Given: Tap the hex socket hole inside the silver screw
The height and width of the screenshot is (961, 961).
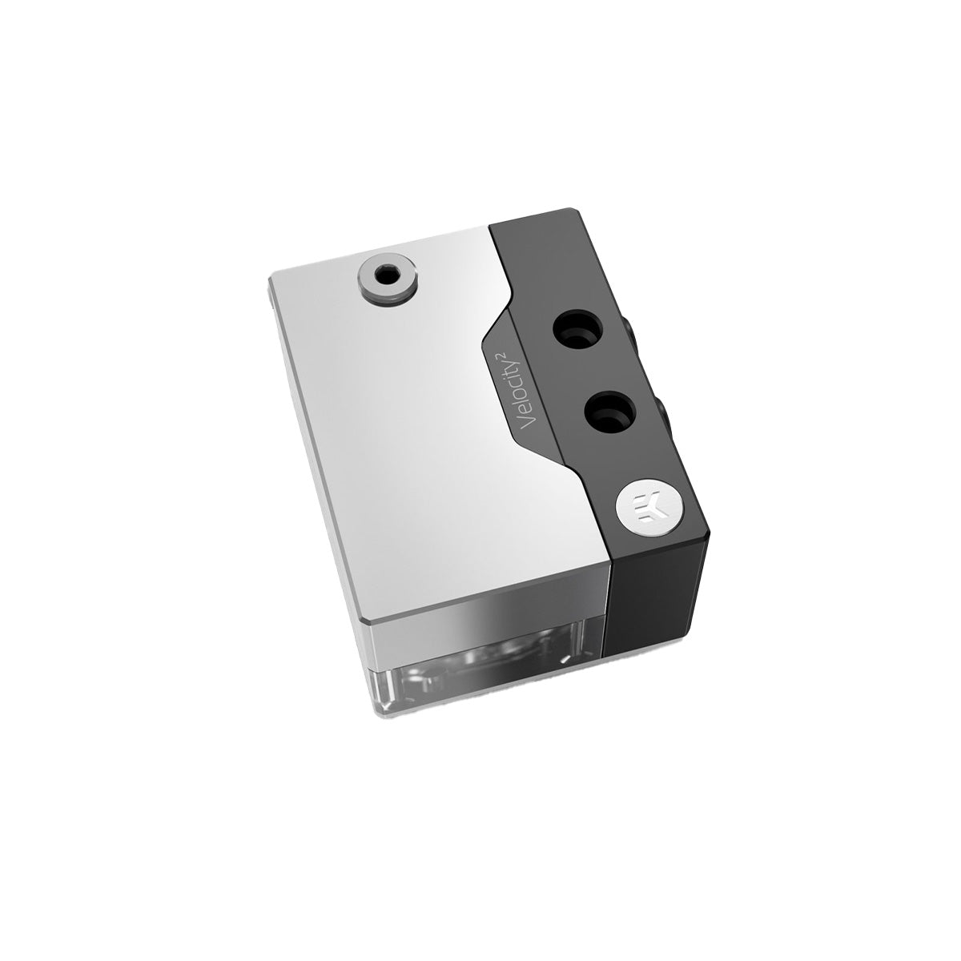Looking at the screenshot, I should tap(386, 275).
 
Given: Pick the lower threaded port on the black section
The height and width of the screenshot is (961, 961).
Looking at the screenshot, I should tap(607, 412).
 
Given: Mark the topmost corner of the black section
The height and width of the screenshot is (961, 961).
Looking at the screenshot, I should tap(573, 211).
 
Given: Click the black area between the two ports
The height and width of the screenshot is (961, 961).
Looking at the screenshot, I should tap(593, 370).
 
